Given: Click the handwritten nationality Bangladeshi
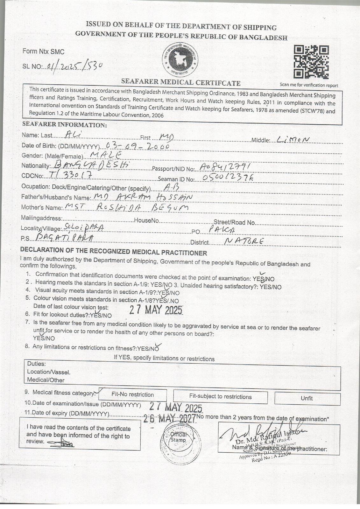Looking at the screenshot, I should (92, 165).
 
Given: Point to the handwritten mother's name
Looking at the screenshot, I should (126, 207).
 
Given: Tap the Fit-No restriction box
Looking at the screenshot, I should (132, 395).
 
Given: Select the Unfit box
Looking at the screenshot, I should (307, 398).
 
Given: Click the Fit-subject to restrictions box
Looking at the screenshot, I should (220, 397).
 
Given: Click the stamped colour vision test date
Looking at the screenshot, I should (156, 310).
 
